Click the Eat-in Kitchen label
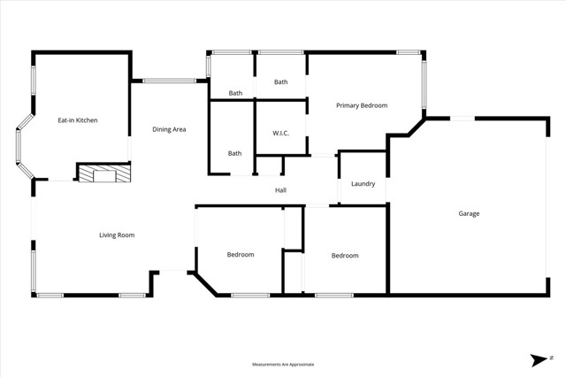coord(78,119)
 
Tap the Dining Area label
coord(168,130)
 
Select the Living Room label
coord(116,235)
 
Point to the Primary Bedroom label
coord(362,105)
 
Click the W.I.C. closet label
coord(280,132)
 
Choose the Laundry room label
coord(363,184)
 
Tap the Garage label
coord(469,213)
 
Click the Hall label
coord(280,190)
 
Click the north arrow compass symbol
coord(539,359)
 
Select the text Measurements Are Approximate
coord(283,364)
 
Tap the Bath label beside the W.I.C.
coord(235,93)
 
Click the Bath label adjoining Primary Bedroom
coord(280,82)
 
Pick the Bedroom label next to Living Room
coord(241,255)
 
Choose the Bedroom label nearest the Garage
coord(345,256)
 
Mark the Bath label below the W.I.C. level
coord(234,153)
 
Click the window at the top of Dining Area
coord(170,81)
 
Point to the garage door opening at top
coord(462,118)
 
